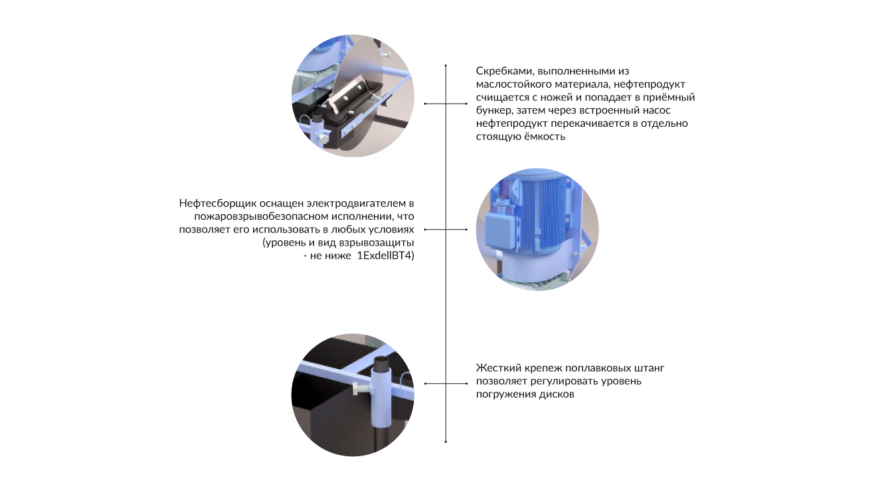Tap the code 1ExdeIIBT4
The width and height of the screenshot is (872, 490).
coord(385,256)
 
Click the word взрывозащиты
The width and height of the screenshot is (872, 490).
coord(377,243)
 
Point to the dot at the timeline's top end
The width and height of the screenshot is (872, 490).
coord(446,65)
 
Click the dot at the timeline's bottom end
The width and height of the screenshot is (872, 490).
coord(446,442)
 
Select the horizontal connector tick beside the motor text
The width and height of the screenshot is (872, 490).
coord(446,230)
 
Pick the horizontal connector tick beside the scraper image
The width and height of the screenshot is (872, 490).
coord(446,104)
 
